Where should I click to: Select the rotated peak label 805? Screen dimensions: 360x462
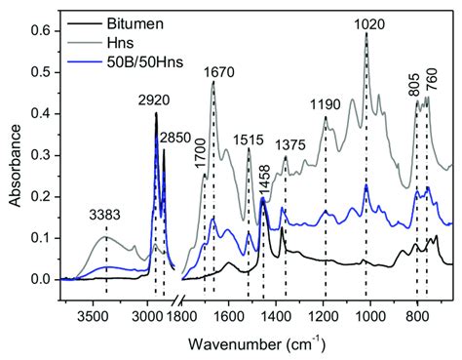click(414, 81)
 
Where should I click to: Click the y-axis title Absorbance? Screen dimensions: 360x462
click(14, 146)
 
